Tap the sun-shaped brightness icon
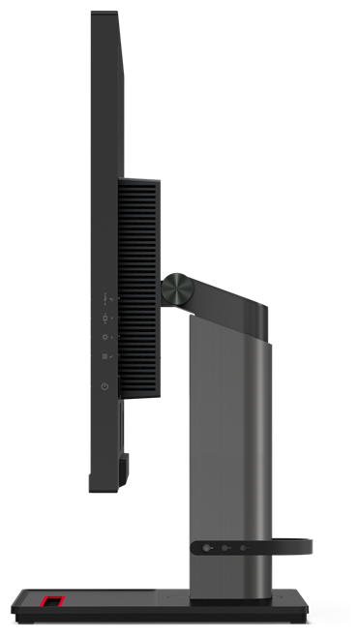click(105, 338)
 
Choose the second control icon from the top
click(105, 316)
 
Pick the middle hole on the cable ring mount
click(225, 547)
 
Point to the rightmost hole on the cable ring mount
click(244, 547)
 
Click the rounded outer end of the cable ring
click(308, 547)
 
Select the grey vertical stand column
click(228, 436)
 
